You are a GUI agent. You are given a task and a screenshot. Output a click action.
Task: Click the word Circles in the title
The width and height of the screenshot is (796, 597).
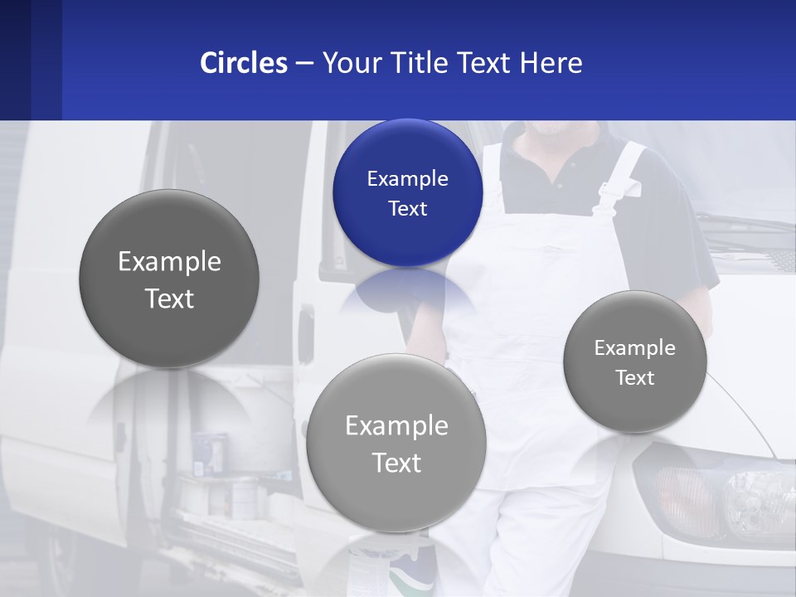pyautogui.click(x=244, y=63)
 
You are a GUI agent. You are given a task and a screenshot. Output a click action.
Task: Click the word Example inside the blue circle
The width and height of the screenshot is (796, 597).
pyautogui.click(x=407, y=179)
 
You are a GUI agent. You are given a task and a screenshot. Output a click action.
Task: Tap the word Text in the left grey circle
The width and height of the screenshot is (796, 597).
pyautogui.click(x=169, y=298)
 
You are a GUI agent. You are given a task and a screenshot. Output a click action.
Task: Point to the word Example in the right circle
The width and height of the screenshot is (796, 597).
pyautogui.click(x=634, y=348)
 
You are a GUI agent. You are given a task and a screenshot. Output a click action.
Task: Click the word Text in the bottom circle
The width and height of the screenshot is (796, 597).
pyautogui.click(x=396, y=463)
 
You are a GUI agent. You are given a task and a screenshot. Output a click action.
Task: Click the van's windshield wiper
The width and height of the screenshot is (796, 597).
pyautogui.click(x=746, y=224)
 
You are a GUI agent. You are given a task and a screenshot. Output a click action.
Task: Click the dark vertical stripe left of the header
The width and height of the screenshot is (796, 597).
pyautogui.click(x=46, y=60)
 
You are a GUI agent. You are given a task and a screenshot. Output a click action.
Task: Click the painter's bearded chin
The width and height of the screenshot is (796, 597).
pyautogui.click(x=547, y=129)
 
